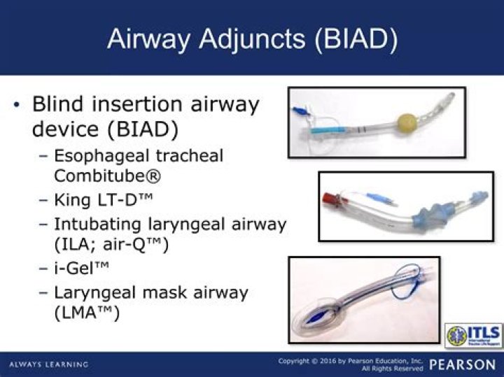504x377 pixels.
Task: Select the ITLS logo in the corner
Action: click(472, 335)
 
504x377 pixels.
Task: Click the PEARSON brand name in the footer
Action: click(463, 364)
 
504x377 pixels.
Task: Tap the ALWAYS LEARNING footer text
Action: click(49, 364)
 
